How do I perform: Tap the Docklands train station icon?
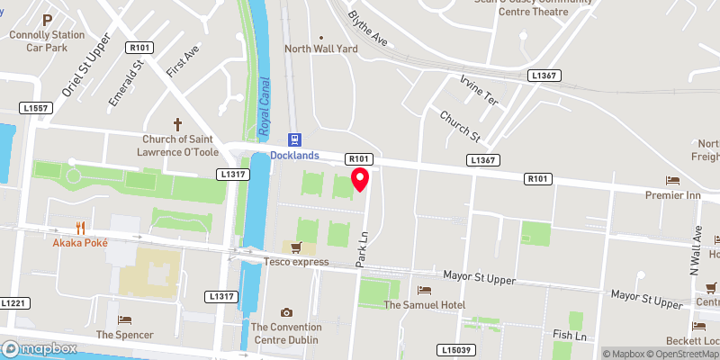[x=293, y=139]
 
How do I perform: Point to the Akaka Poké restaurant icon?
[x=81, y=229]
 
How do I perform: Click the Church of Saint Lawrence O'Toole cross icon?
[x=176, y=123]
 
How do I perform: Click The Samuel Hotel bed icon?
[x=424, y=290]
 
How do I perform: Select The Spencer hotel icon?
[x=124, y=319]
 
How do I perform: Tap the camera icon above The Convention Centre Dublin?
[x=286, y=312]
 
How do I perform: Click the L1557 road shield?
[x=34, y=108]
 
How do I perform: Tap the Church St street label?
[x=460, y=126]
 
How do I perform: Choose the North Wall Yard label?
[x=320, y=49]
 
